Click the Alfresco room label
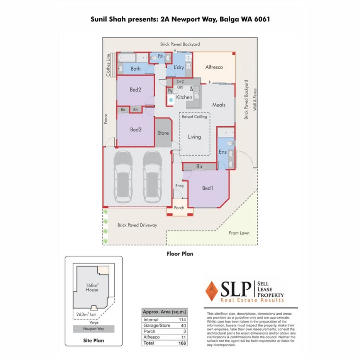tap(214, 67)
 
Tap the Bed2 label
tap(135, 90)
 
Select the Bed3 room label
tap(135, 130)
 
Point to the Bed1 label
tap(208, 188)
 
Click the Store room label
tap(163, 133)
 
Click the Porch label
tap(179, 208)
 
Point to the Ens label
tap(222, 152)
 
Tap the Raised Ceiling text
tap(194, 117)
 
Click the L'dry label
tap(178, 68)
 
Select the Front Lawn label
tap(239, 233)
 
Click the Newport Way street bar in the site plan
tap(94, 329)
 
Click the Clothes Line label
tap(109, 65)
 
